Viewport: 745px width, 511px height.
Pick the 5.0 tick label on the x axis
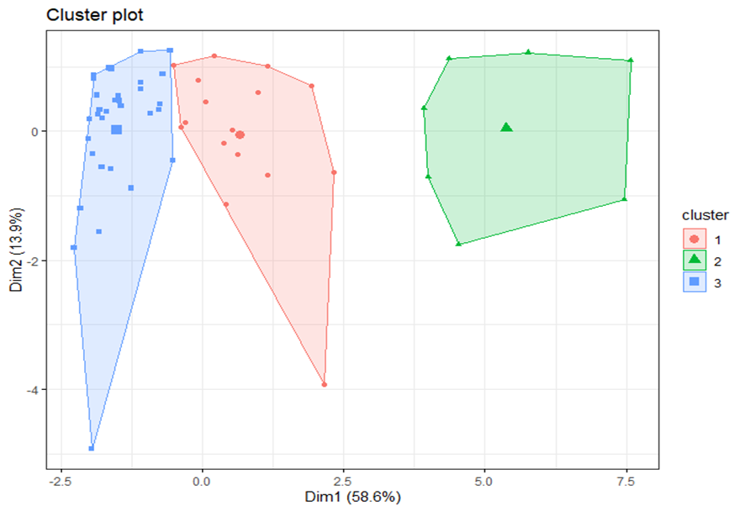pyautogui.click(x=484, y=482)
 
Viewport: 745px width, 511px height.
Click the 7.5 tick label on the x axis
pyautogui.click(x=626, y=482)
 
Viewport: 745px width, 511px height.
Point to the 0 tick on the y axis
pyautogui.click(x=35, y=131)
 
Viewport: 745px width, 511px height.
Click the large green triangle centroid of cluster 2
pyautogui.click(x=506, y=127)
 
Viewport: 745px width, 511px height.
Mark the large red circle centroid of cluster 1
pyautogui.click(x=240, y=134)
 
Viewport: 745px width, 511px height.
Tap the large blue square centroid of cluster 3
pyautogui.click(x=116, y=129)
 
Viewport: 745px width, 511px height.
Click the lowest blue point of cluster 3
pyautogui.click(x=92, y=448)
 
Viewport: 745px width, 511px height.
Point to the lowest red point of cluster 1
pyautogui.click(x=325, y=385)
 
